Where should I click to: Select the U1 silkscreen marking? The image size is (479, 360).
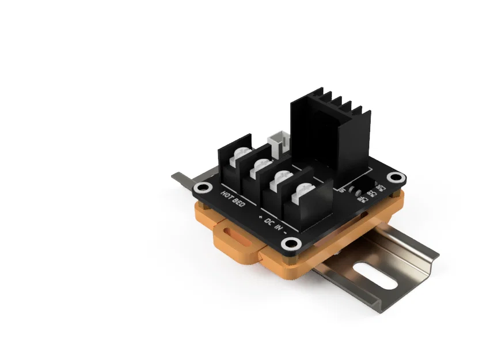click(x=344, y=188)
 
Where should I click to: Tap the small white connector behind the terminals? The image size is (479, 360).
click(x=279, y=141)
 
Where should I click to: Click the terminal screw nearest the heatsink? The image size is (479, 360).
click(x=303, y=192)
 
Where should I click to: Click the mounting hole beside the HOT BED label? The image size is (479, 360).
click(x=202, y=188)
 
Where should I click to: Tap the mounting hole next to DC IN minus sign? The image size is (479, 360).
click(x=292, y=243)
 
